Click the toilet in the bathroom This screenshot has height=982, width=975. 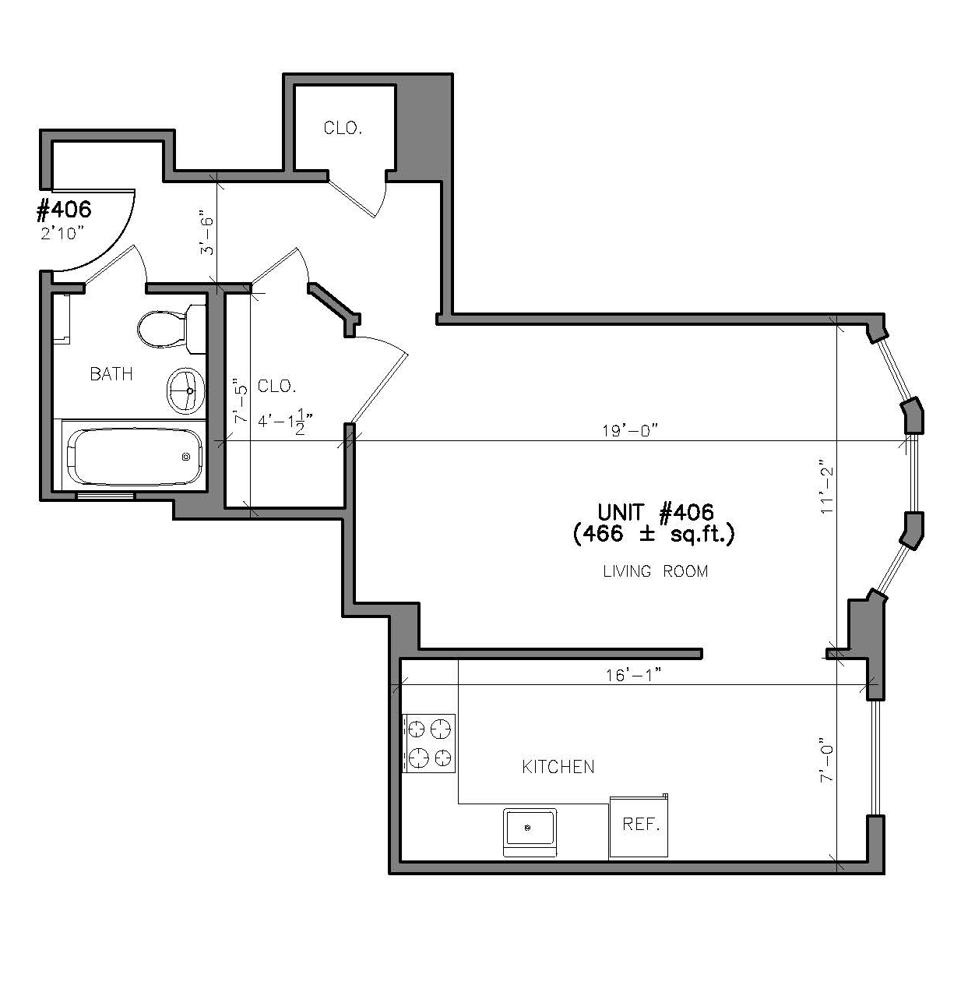171,329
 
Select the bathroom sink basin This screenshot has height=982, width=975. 185,391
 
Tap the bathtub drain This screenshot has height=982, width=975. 186,457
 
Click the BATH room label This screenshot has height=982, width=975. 111,374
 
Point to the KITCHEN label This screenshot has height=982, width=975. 558,767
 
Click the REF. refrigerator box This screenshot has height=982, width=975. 639,825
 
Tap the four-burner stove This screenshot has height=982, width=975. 429,744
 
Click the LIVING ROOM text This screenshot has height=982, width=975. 655,571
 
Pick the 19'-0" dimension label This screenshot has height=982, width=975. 630,431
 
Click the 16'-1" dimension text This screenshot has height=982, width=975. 633,675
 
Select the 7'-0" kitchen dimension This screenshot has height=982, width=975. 826,760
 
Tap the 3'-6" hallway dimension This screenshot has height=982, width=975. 206,232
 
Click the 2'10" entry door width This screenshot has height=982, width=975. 62,233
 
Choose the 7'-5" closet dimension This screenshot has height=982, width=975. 241,401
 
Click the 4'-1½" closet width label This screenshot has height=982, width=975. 285,421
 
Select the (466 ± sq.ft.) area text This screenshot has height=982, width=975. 654,534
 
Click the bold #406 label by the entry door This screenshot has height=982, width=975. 64,210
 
